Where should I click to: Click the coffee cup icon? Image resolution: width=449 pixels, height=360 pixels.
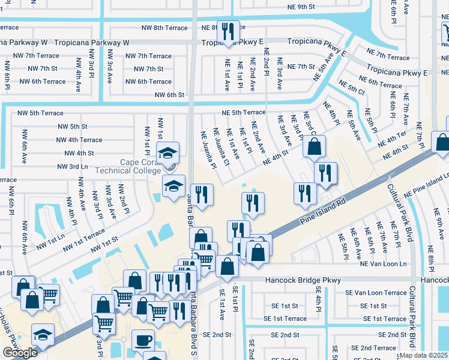coord(142,341)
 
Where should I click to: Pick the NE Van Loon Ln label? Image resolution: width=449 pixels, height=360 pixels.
coord(383,264)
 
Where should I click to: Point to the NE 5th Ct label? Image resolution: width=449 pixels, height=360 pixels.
coord(352,88)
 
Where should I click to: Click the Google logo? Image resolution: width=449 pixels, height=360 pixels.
coord(19,353)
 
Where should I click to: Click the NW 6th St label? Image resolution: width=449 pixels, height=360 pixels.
coord(169,95)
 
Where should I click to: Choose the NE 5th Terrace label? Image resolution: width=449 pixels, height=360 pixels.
coord(243,112)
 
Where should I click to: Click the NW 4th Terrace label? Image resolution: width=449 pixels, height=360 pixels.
coord(79,140)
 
